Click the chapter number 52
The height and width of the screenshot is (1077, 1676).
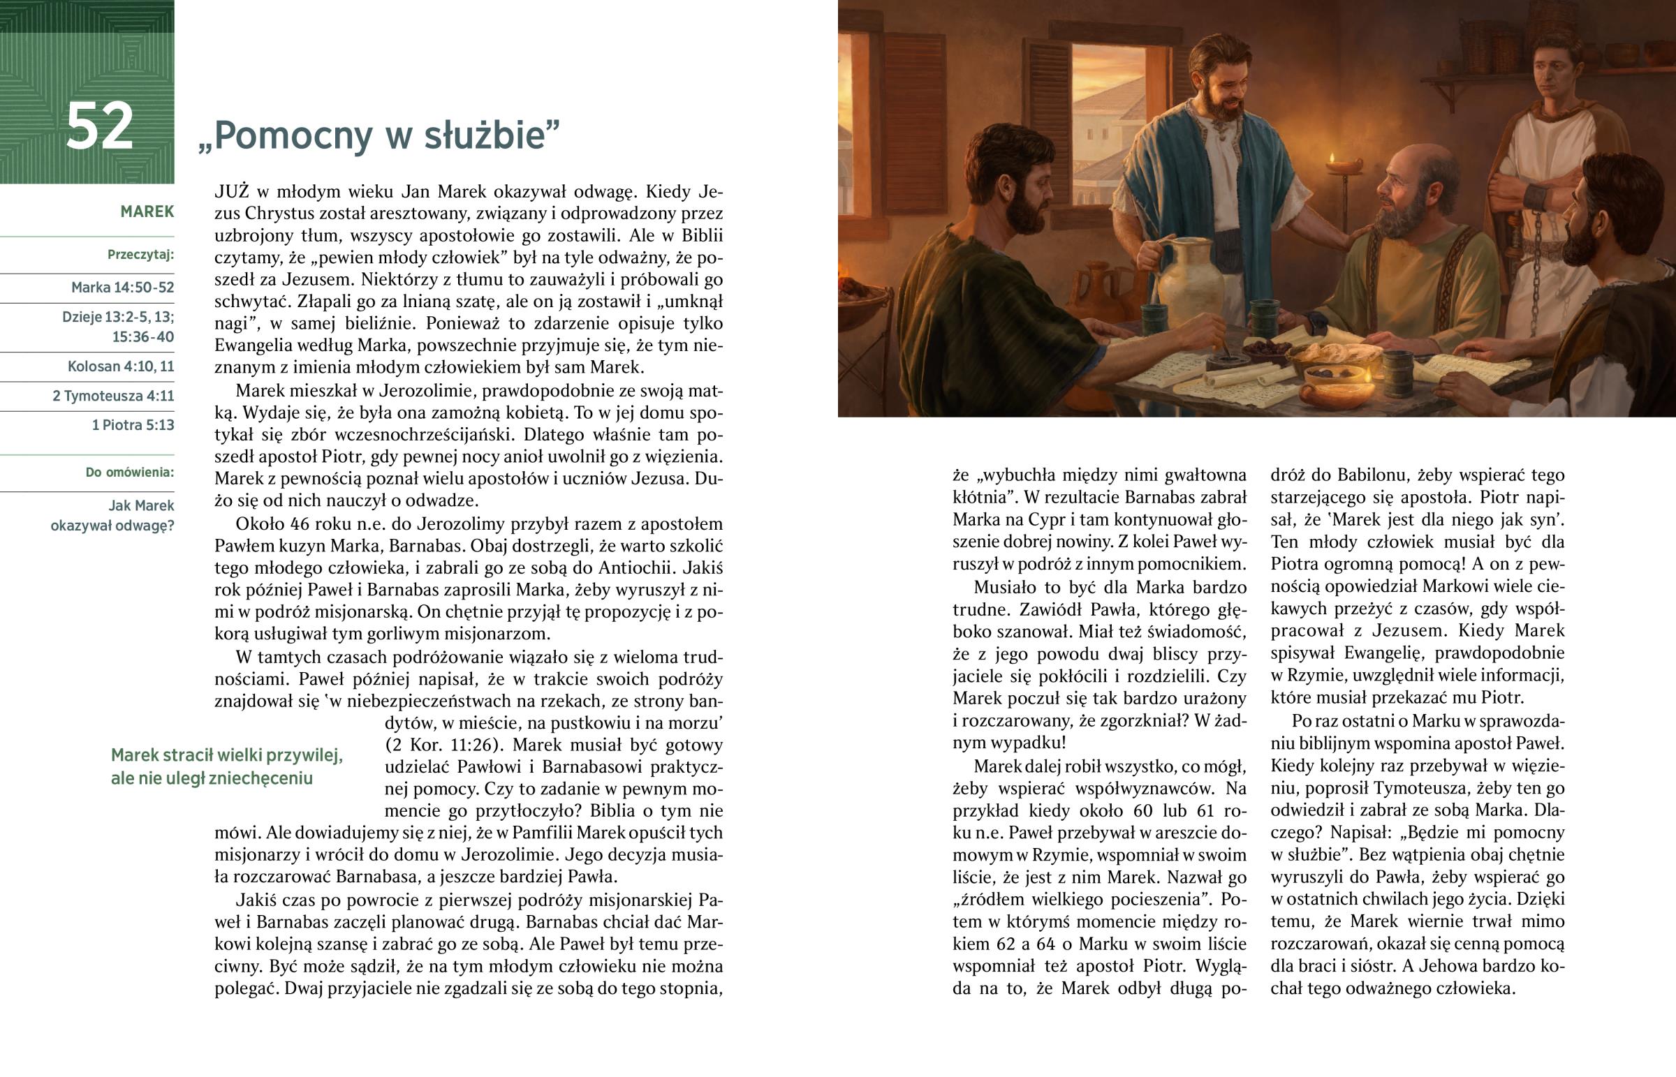pyautogui.click(x=99, y=126)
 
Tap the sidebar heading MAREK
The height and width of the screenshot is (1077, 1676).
pyautogui.click(x=147, y=212)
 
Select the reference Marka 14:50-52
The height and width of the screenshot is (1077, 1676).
pyautogui.click(x=122, y=288)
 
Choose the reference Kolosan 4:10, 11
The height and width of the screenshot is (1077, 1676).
pyautogui.click(x=120, y=366)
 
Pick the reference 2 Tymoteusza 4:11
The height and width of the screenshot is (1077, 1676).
pyautogui.click(x=112, y=396)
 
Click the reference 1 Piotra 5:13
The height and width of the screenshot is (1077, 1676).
pyautogui.click(x=132, y=425)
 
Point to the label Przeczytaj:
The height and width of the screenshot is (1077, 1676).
pyautogui.click(x=140, y=255)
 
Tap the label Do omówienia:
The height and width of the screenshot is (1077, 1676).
pyautogui.click(x=129, y=473)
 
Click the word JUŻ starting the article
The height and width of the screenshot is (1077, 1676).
pyautogui.click(x=232, y=192)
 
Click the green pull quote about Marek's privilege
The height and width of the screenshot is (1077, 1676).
pyautogui.click(x=227, y=766)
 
